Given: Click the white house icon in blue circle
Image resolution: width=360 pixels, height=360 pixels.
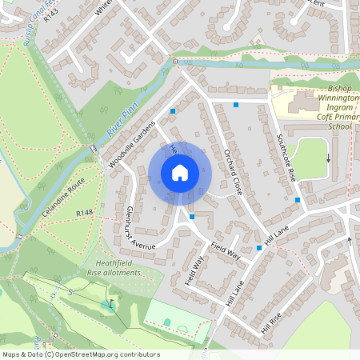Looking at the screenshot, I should click(x=180, y=173).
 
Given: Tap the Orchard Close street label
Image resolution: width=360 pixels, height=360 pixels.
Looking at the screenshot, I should click(x=233, y=172).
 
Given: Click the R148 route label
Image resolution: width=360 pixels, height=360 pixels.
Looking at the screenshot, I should click(x=85, y=214).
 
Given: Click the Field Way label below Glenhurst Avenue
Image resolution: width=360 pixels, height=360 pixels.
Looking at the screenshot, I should click(x=194, y=270).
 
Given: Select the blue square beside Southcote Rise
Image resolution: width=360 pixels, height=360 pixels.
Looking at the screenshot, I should click(x=298, y=199).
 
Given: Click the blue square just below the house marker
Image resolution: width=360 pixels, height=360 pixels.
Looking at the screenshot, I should click(x=193, y=216).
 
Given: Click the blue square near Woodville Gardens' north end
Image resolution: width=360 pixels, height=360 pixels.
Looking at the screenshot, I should click(x=173, y=111).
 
